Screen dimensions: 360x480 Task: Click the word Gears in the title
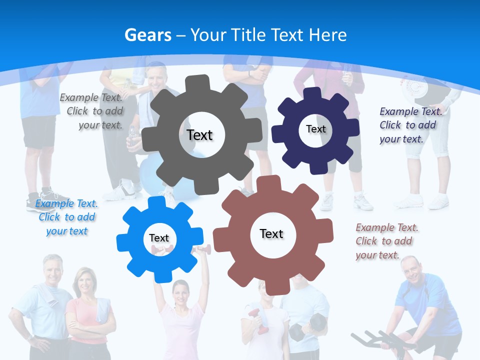[148, 35]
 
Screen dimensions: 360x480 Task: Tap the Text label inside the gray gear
[200, 135]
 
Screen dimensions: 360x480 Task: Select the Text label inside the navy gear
[315, 129]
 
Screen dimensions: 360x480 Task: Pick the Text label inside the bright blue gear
[159, 238]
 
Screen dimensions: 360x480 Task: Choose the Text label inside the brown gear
[271, 233]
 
